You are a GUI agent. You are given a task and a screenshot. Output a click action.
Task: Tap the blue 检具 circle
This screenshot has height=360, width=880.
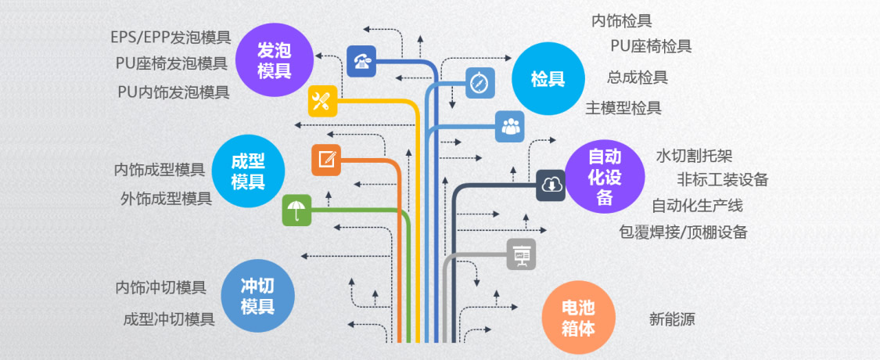(548, 79)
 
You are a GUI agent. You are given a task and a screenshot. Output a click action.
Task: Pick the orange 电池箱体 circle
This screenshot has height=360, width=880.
(579, 317)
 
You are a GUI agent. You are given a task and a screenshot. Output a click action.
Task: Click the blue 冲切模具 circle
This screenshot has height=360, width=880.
(257, 295)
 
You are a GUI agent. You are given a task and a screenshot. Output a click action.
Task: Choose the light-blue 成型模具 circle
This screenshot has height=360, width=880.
(247, 172)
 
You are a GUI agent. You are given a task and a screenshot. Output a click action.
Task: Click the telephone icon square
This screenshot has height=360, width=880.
(362, 61)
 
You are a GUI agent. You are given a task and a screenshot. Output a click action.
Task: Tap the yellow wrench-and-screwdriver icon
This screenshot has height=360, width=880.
(322, 100)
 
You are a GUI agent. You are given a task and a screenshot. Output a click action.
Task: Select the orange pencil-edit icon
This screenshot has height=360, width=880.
(326, 160)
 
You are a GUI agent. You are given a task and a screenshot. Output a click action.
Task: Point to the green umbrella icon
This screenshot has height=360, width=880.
(296, 210)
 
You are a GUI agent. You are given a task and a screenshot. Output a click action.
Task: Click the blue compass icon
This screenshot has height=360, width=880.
(480, 82)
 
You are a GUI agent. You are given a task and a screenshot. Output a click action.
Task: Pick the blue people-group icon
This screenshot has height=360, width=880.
(510, 126)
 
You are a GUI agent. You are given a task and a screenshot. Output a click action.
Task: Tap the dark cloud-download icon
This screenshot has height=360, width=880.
(551, 185)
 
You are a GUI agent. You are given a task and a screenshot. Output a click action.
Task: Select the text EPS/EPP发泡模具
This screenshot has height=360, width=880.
(171, 37)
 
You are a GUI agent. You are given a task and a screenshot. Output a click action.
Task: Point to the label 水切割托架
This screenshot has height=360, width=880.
(694, 156)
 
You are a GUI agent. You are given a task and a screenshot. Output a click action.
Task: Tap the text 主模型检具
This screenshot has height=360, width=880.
(623, 107)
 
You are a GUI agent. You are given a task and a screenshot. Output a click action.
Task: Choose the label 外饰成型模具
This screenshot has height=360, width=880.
(166, 198)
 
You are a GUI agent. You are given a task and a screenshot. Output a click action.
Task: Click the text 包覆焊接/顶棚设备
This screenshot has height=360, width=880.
(683, 232)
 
